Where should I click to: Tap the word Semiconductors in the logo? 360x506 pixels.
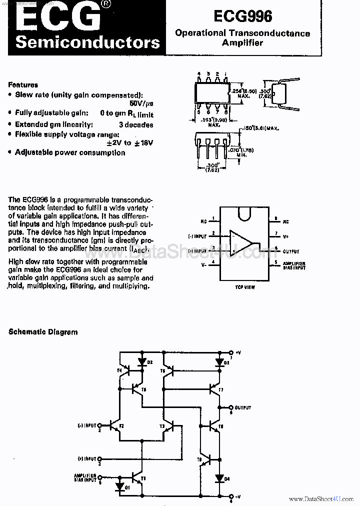coord(87,42)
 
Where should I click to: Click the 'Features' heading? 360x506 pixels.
coord(23,84)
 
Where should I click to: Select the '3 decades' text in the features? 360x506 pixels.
coord(136,124)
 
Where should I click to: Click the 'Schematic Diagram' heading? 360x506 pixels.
coord(43,331)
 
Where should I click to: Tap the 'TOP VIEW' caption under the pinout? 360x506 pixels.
coord(245,287)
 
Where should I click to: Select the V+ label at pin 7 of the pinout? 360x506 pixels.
coord(285,234)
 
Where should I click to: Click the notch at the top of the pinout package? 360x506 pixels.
coord(244,212)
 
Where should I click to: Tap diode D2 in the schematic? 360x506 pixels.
coord(141,361)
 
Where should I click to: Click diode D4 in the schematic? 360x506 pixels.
coord(219,478)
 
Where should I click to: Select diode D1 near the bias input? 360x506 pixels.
coord(119,485)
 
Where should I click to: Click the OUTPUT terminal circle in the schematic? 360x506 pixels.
coord(231,407)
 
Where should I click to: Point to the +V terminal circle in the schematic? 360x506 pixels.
coord(231,352)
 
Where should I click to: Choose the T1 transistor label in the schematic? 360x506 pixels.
coord(143,478)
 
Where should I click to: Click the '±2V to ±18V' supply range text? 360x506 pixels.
coord(130,143)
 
